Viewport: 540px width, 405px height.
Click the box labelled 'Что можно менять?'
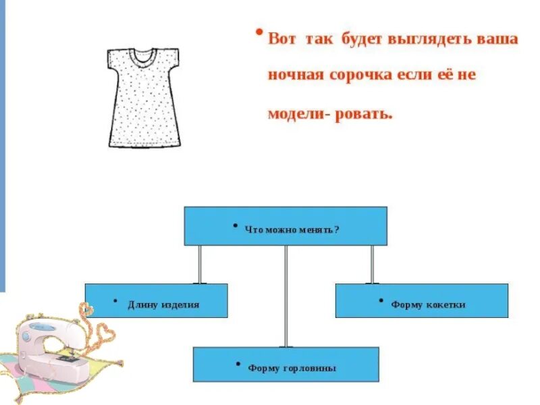point(286,226)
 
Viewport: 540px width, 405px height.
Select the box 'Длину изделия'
point(156,300)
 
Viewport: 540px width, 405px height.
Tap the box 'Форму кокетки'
point(421,300)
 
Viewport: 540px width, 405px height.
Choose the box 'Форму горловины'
point(286,364)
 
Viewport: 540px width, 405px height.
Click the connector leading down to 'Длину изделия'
point(199,264)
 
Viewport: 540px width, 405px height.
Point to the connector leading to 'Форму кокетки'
point(372,264)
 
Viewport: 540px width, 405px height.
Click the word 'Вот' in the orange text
point(281,38)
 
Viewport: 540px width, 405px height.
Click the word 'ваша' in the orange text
point(499,38)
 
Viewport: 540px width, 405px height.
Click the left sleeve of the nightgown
point(115,60)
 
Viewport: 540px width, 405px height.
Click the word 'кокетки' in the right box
point(445,305)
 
